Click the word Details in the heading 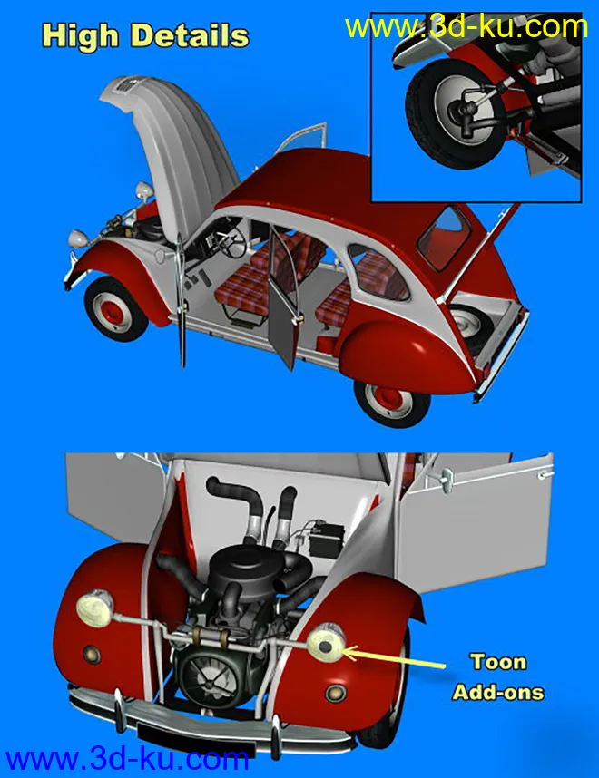[190, 36]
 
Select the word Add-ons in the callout [497, 692]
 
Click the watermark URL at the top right [466, 26]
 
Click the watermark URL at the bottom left [126, 757]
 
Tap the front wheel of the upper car [117, 309]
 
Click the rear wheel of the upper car [392, 395]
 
